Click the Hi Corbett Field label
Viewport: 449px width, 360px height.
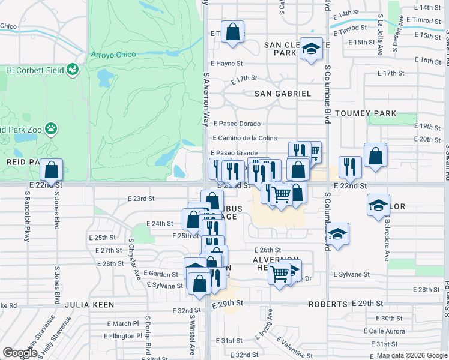pos(34,70)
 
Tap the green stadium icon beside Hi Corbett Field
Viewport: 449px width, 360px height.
pos(73,70)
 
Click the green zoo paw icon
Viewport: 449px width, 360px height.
pos(53,128)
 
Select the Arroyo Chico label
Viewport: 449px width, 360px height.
pos(113,55)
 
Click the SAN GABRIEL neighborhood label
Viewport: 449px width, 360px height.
pos(283,94)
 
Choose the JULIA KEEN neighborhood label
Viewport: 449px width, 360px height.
pos(90,305)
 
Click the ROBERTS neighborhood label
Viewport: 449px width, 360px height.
pos(328,304)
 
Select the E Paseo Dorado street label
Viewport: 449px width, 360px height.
pos(236,124)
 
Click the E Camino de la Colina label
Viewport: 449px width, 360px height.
pos(244,139)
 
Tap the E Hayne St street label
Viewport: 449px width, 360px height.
pos(226,63)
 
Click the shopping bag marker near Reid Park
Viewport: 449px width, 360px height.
pos(52,170)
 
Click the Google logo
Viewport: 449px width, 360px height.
pos(20,353)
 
